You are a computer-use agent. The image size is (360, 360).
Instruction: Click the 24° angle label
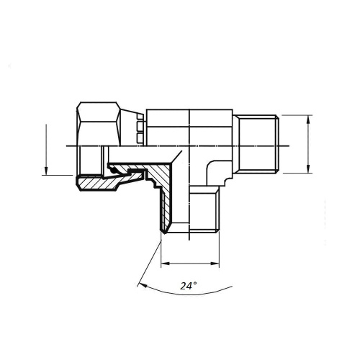[x=189, y=286]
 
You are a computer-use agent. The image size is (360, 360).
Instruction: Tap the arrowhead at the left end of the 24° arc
[x=143, y=284]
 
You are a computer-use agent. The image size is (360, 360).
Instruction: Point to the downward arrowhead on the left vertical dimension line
[x=46, y=171]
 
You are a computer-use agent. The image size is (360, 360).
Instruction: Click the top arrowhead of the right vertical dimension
[x=308, y=120]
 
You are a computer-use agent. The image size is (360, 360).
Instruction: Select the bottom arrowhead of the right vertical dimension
[x=308, y=168]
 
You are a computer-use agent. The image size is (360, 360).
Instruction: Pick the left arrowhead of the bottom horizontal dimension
[x=165, y=264]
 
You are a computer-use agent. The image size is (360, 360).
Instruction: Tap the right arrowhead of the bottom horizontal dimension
[x=215, y=264]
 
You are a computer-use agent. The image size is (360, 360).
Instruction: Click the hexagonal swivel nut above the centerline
[x=99, y=124]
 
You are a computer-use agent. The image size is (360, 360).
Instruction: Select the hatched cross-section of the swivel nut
[x=99, y=183]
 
